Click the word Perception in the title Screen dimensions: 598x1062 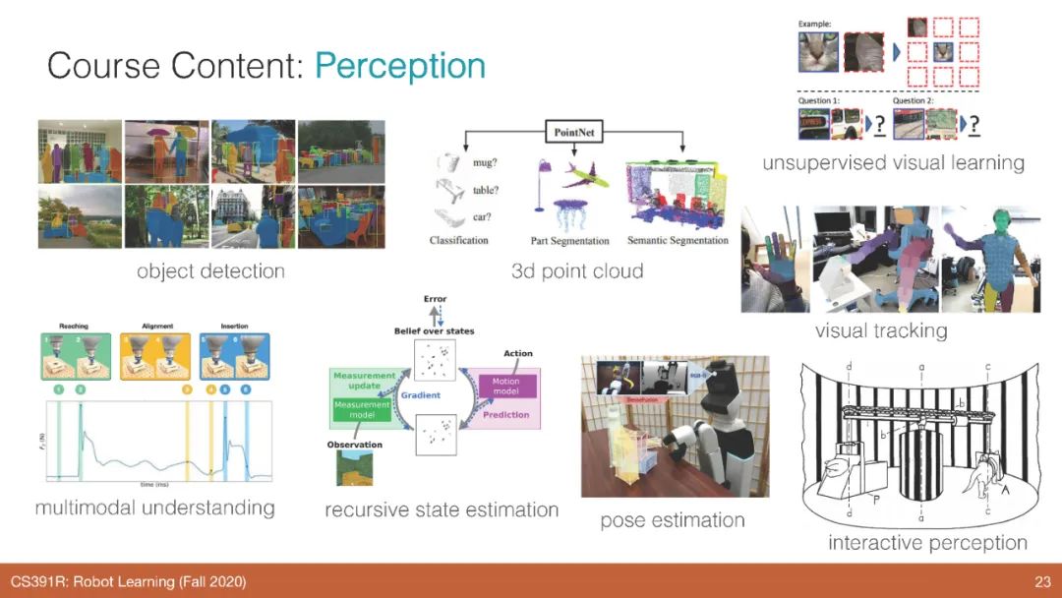click(x=400, y=66)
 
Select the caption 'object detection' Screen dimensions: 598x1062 click(x=210, y=270)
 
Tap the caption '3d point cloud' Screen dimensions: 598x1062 click(x=577, y=270)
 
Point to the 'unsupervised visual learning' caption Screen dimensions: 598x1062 click(x=893, y=162)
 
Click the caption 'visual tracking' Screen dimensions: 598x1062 click(x=881, y=330)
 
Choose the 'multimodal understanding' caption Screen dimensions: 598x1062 click(x=154, y=508)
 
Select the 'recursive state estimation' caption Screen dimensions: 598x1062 click(x=442, y=509)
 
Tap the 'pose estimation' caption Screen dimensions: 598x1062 click(x=673, y=519)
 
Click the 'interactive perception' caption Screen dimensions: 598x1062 click(x=927, y=542)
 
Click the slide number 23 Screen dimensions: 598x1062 click(x=1042, y=582)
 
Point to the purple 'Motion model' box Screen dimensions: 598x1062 click(x=506, y=386)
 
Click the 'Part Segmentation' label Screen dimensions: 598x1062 click(x=569, y=241)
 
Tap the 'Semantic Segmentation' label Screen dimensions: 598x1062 click(x=678, y=241)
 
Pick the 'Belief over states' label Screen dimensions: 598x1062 click(x=434, y=331)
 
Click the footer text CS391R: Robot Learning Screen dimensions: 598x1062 click(x=128, y=582)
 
